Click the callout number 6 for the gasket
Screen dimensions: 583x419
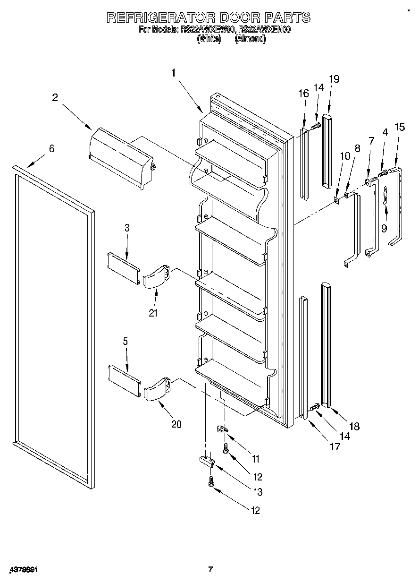(x=51, y=149)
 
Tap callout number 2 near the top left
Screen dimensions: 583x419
(x=55, y=97)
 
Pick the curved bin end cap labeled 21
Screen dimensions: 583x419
(x=156, y=277)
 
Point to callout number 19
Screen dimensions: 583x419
(x=334, y=79)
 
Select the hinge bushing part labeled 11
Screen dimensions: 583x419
(x=222, y=429)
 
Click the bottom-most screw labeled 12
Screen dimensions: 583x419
(x=211, y=482)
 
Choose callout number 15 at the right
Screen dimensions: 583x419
(x=400, y=127)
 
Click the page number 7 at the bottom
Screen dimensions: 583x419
(x=211, y=569)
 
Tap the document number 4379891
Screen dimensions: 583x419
(x=23, y=570)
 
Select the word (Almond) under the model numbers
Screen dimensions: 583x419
(x=250, y=39)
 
